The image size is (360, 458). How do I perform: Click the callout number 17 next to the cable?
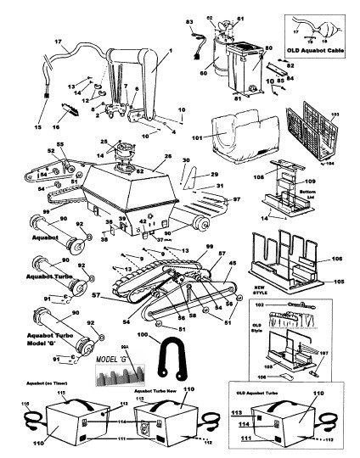pyautogui.click(x=35, y=42)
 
